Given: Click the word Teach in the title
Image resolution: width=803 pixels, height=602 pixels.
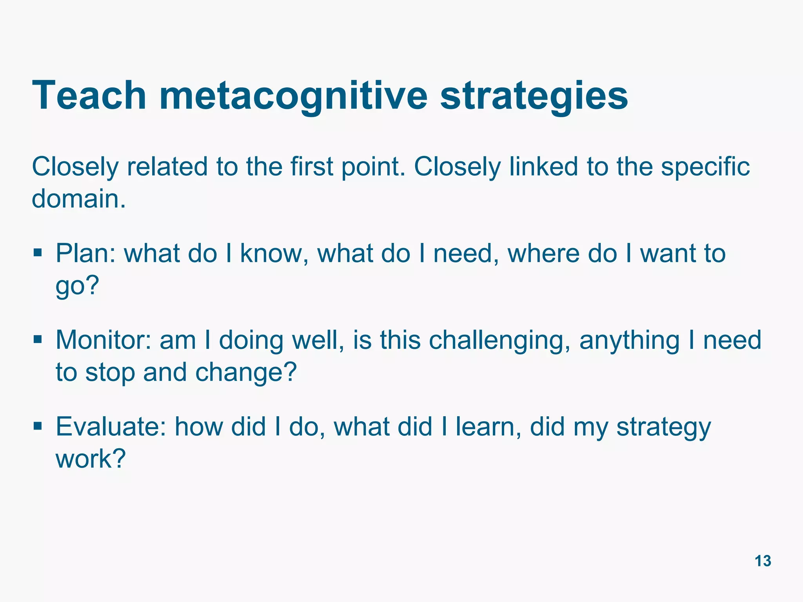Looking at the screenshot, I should click(89, 95).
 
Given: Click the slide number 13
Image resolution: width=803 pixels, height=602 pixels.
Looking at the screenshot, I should click(763, 561).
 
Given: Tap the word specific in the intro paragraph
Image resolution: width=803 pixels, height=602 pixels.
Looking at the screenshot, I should click(705, 167).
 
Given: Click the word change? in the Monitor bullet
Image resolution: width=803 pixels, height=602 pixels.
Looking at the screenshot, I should click(246, 372).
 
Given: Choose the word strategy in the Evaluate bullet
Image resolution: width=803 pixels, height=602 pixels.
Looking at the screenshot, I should click(663, 427).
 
